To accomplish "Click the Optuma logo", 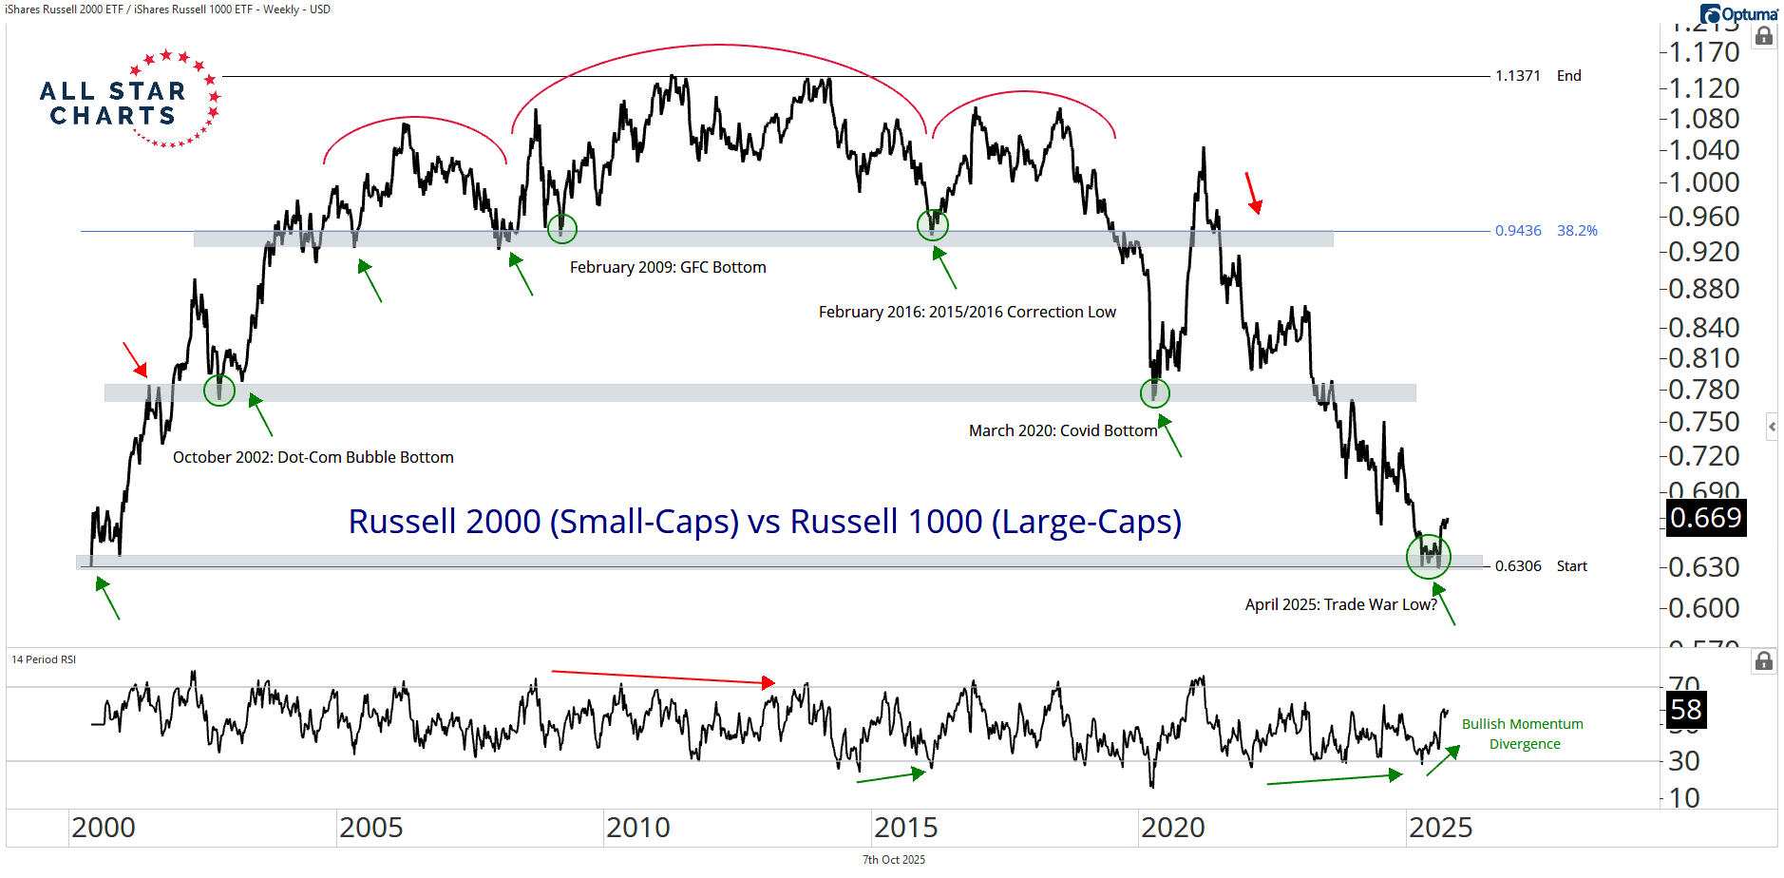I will tap(1739, 14).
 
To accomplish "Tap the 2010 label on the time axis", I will tap(638, 828).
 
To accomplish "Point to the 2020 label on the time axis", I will tap(1173, 828).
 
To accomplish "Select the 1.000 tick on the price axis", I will tap(1705, 182).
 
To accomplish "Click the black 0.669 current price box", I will tap(1706, 518).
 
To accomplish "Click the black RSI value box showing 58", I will tap(1686, 710).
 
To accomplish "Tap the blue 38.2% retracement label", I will tap(1577, 231).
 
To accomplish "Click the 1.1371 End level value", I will tap(1517, 76).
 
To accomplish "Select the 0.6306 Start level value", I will tap(1518, 566).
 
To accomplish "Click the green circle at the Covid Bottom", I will tap(1154, 392).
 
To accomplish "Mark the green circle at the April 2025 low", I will tap(1429, 556).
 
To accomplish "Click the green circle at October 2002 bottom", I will tap(219, 390).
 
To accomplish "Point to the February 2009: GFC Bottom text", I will tap(668, 268).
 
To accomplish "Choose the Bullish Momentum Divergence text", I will tap(1523, 734).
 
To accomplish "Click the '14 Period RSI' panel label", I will tap(44, 659).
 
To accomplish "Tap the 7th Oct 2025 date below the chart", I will tap(893, 860).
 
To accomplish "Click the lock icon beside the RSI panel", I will tap(1764, 661).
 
